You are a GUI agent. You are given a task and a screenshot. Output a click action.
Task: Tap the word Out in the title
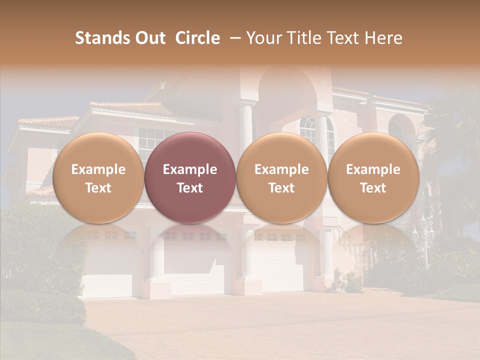click(148, 38)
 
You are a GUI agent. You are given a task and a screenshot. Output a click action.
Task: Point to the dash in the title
click(233, 38)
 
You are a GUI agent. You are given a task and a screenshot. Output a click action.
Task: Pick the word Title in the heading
click(303, 38)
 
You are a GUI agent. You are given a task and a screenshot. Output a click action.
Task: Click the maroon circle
click(190, 177)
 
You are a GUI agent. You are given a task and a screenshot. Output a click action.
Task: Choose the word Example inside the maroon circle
click(190, 169)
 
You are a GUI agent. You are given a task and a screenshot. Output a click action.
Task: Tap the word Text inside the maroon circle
click(190, 188)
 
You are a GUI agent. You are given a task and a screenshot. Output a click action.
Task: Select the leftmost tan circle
click(98, 177)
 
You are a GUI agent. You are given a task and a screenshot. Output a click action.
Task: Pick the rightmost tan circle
click(373, 177)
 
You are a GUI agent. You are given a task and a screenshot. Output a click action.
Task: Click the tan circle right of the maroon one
click(281, 177)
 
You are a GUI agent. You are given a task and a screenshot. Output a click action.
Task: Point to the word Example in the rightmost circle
click(373, 169)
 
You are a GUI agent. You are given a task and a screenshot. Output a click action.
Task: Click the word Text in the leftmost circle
click(98, 188)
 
